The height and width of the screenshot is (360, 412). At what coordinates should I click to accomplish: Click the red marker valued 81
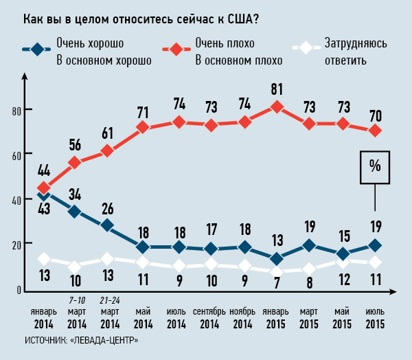[276, 106]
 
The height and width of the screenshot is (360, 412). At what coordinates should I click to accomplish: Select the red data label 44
[44, 170]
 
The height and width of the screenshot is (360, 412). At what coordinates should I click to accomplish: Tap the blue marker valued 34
[74, 212]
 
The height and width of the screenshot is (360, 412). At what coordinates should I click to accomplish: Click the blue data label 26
[108, 207]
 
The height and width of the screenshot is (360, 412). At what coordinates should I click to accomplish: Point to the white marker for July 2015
[375, 262]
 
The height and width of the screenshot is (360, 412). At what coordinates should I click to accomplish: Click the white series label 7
[276, 282]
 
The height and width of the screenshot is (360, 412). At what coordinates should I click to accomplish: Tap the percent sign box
[375, 167]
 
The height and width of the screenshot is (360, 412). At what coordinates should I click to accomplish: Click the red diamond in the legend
[176, 49]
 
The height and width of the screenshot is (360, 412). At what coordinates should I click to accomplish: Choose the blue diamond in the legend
[38, 49]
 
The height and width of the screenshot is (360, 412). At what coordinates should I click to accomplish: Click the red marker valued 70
[375, 131]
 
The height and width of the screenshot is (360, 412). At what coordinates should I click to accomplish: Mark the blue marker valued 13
[276, 259]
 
